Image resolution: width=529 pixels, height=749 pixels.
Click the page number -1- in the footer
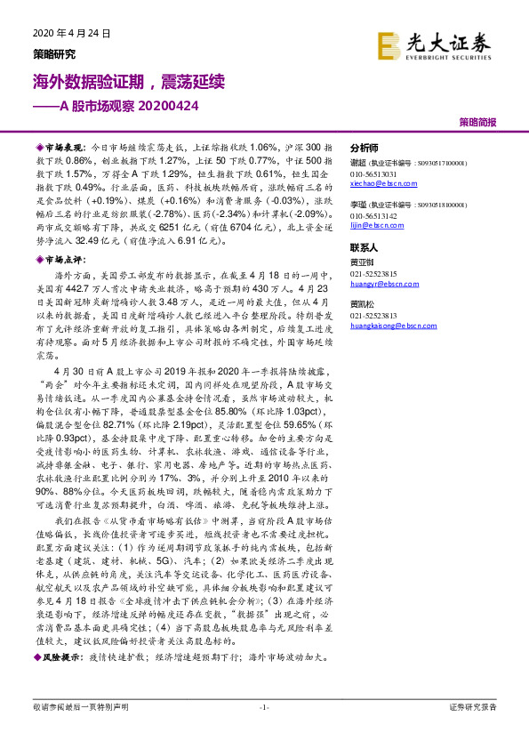coord(263,732)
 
